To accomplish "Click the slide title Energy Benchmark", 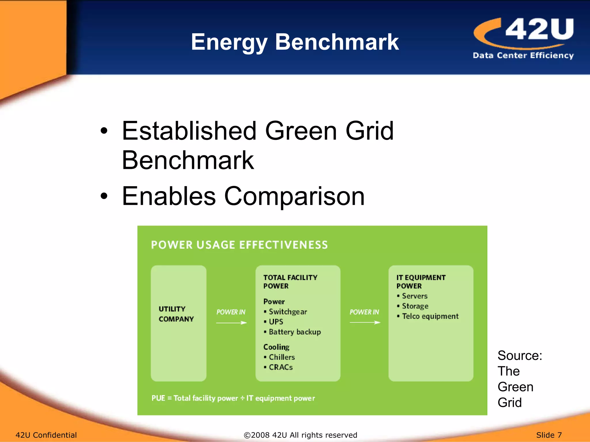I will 295,42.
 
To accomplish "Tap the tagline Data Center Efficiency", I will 523,55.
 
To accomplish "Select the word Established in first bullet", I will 189,131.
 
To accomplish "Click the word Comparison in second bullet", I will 294,196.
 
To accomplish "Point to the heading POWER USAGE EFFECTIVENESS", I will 239,245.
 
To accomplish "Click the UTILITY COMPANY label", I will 176,314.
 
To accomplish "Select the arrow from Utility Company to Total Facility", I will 231,323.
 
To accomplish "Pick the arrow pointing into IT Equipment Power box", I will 365,323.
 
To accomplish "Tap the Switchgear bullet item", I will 288,312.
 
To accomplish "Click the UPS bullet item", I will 276,322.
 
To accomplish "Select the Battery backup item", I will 294,332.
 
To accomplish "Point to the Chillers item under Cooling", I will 281,357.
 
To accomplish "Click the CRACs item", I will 280,367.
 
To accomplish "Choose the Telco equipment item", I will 430,316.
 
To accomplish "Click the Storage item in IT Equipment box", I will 415,306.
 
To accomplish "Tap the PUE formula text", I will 233,398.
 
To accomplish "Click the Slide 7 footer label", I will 549,435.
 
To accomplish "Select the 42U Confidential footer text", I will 46,435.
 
